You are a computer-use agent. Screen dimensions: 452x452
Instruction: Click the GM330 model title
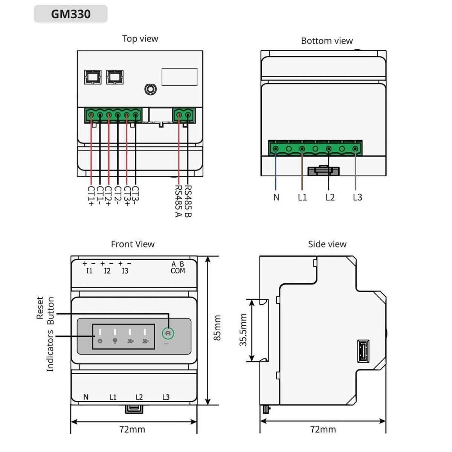(71, 14)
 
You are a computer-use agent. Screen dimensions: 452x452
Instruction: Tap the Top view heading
(140, 39)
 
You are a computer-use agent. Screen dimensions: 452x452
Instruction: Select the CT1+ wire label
(91, 196)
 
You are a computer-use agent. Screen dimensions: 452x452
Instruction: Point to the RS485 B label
(188, 201)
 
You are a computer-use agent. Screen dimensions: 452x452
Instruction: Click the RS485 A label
(179, 201)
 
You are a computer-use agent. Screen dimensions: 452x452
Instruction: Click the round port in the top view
(150, 89)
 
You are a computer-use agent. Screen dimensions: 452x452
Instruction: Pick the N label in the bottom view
(276, 197)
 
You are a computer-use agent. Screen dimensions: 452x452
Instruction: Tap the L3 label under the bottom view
(357, 197)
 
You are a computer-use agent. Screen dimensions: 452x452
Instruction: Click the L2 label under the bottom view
(330, 197)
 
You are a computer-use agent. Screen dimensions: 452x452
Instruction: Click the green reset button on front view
(168, 333)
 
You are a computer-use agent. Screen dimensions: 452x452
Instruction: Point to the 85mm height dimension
(217, 328)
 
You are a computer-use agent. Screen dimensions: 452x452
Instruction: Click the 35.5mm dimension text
(243, 330)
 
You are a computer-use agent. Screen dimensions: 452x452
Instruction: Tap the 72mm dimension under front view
(132, 429)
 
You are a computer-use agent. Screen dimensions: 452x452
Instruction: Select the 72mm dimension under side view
(323, 429)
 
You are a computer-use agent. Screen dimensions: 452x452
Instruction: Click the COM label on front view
(178, 271)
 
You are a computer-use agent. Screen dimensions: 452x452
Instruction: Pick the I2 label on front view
(107, 271)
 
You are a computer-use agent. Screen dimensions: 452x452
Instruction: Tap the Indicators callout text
(50, 351)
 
